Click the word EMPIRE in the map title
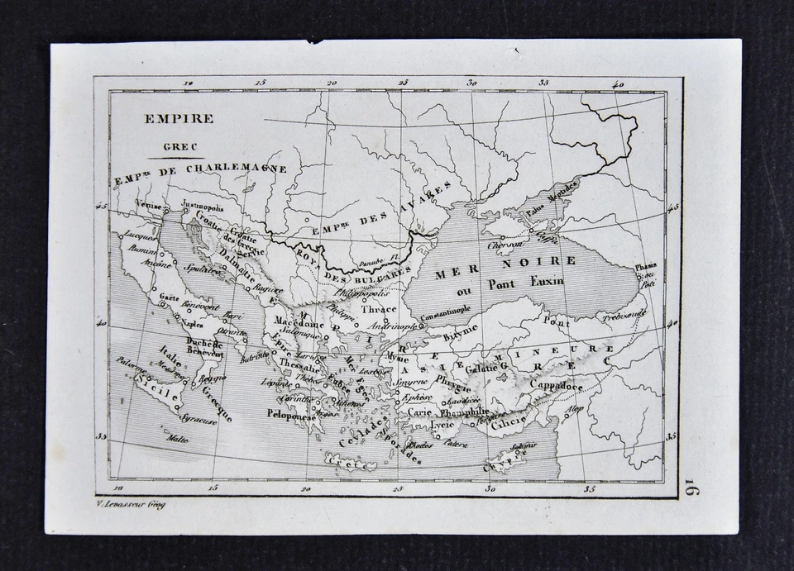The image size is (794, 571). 179,118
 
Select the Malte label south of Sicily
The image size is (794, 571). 177,439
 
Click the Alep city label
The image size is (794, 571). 574,409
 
